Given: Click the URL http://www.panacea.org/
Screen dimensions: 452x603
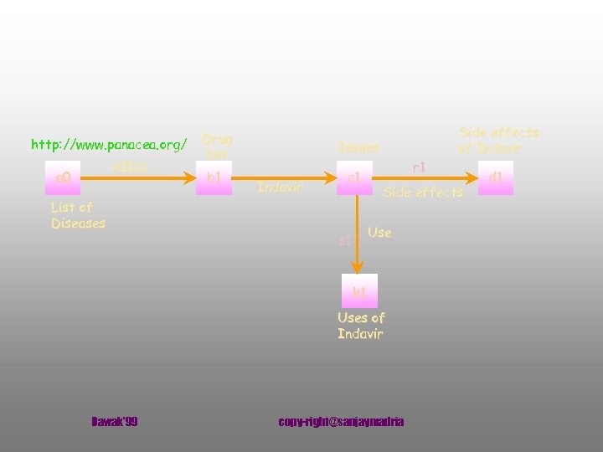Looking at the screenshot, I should (x=109, y=145).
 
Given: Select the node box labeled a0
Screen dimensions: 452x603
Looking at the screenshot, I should (x=64, y=177).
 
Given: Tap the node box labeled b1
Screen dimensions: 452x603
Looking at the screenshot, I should (x=214, y=177).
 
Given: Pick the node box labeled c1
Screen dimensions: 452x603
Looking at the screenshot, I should (x=354, y=177).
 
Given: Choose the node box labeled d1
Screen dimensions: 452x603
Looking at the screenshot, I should (x=496, y=177).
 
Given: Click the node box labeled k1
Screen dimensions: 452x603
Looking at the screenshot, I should (x=359, y=291).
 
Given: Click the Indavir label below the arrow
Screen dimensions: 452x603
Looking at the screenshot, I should (x=280, y=187).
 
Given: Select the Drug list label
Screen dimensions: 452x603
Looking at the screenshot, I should (x=218, y=146).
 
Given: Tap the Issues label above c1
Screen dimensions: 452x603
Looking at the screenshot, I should (x=358, y=147).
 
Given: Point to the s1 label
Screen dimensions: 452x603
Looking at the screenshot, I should (x=344, y=241).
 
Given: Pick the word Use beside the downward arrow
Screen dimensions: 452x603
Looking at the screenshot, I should (x=379, y=232).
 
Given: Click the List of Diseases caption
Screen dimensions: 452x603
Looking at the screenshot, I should (x=77, y=214).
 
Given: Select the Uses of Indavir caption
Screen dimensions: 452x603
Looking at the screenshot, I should (x=360, y=326).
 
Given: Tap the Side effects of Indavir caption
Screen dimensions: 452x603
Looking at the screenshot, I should (x=498, y=140).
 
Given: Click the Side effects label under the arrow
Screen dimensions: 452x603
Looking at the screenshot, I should (x=423, y=193).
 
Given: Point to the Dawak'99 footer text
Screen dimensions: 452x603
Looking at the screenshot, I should (x=114, y=421).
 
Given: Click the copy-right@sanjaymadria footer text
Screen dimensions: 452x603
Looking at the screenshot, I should (x=341, y=421).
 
